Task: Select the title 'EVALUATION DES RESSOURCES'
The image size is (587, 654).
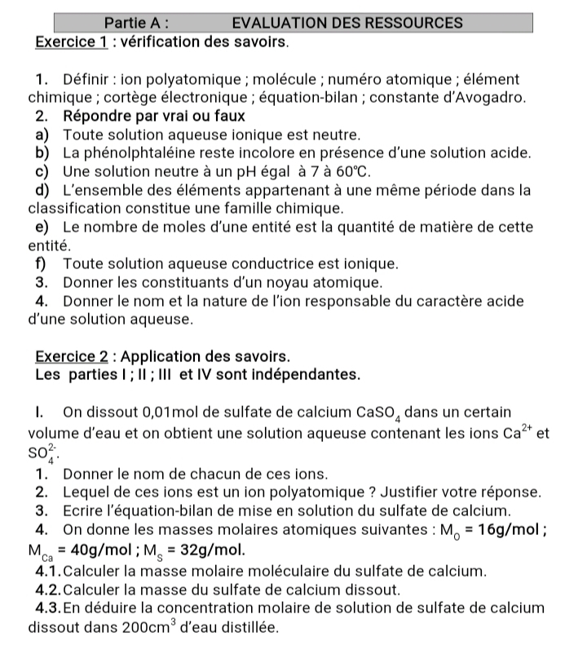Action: point(347,23)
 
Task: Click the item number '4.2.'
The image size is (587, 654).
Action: point(55,589)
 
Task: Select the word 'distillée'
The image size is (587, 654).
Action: point(247,628)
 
